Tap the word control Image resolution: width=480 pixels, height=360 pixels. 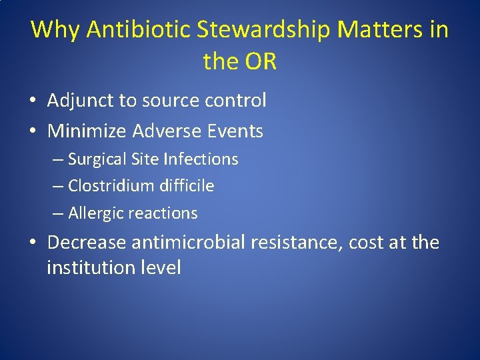point(235,101)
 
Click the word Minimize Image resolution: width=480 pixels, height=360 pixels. point(87,131)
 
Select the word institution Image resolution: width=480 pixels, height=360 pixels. point(89,268)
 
